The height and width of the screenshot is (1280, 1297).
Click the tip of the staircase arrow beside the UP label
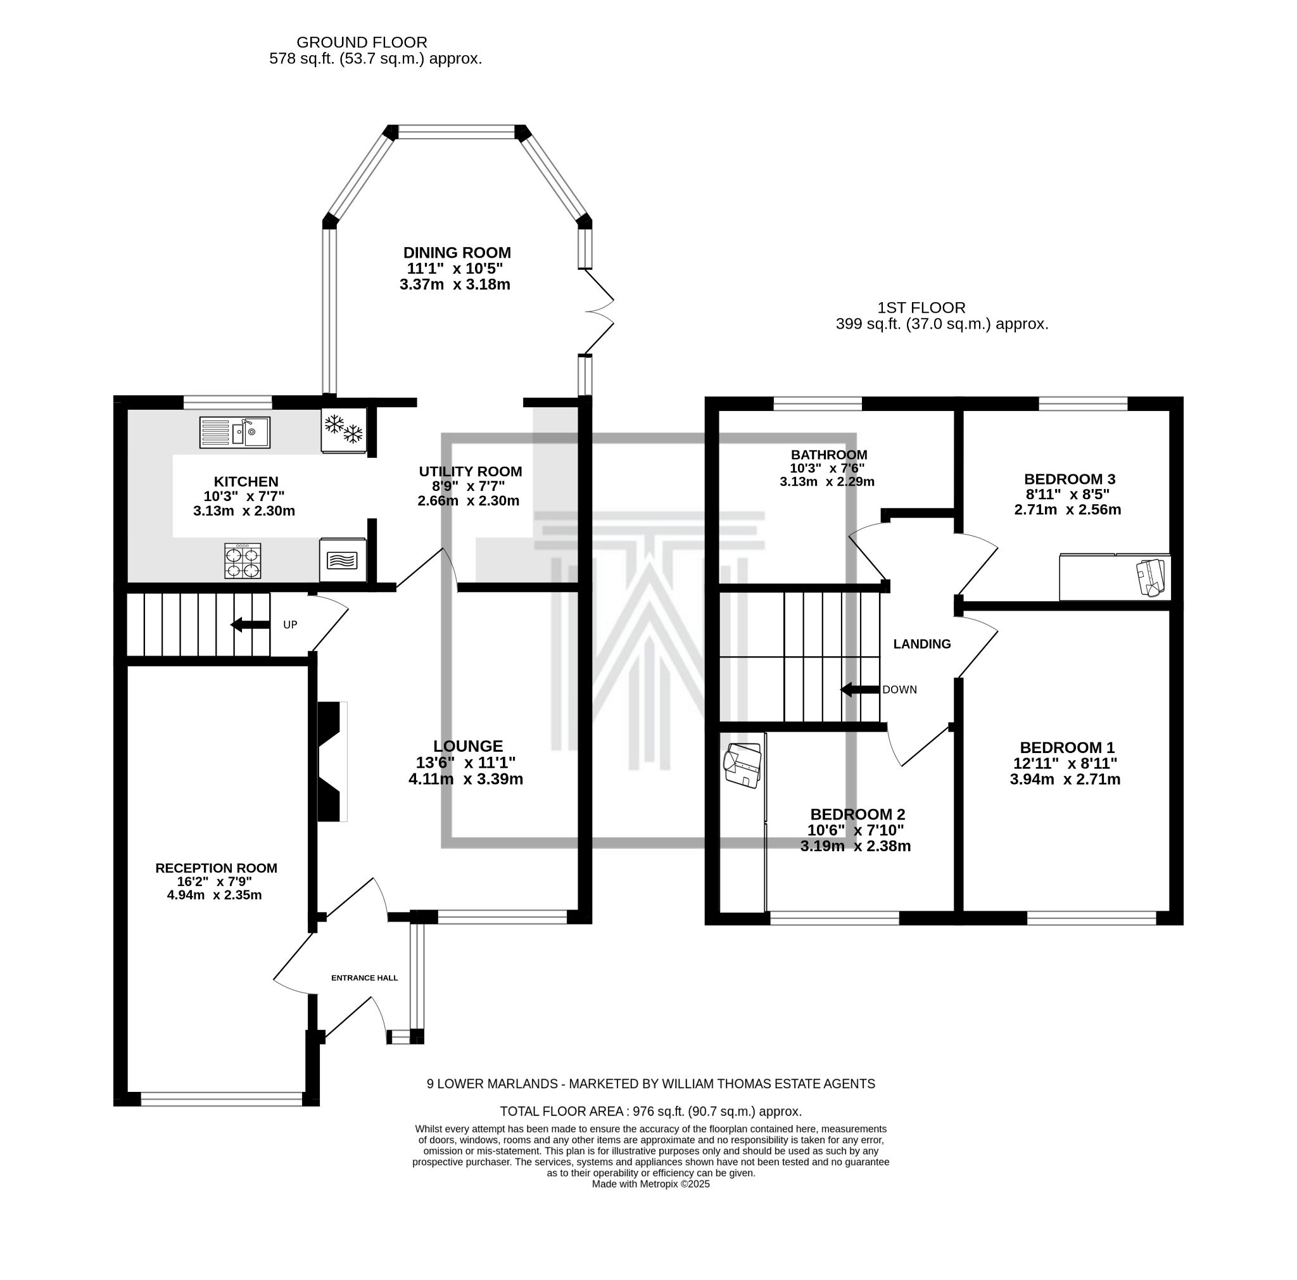(x=231, y=625)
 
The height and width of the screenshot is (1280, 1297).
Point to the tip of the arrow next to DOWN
(x=841, y=689)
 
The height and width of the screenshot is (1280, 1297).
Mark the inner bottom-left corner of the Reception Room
(x=127, y=1092)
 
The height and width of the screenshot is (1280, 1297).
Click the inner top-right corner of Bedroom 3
(x=1170, y=410)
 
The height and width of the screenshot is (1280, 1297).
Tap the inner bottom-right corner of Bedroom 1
(x=1170, y=911)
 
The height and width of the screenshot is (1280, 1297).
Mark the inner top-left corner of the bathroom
(x=719, y=410)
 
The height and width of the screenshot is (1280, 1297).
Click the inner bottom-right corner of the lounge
(x=578, y=911)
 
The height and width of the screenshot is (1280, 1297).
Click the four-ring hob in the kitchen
(x=243, y=561)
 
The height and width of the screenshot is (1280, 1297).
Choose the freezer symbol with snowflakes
(x=344, y=430)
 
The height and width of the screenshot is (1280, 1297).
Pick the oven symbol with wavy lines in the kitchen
(x=343, y=560)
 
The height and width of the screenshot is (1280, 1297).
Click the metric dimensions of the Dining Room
(x=455, y=284)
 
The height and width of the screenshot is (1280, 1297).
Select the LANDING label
(x=921, y=644)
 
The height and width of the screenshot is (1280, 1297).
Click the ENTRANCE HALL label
(x=365, y=978)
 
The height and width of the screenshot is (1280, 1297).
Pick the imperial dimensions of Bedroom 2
(x=855, y=830)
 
